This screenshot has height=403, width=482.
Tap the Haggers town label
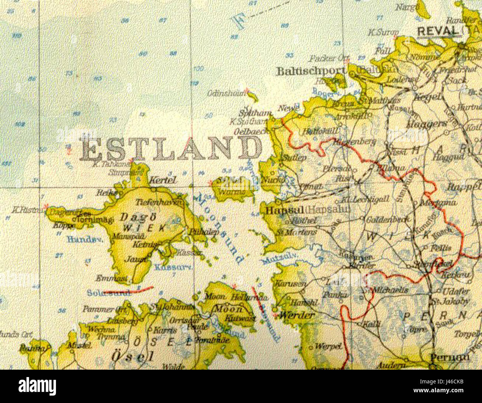pyautogui.click(x=426, y=124)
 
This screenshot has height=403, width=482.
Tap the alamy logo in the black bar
pyautogui.click(x=37, y=386)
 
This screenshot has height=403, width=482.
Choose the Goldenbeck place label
pyautogui.click(x=388, y=219)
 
